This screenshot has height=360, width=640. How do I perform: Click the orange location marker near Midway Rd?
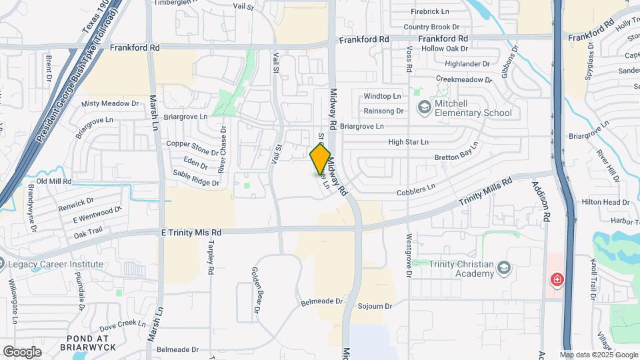pos(321,159)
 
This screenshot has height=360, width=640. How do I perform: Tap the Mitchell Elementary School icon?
pos(424,107)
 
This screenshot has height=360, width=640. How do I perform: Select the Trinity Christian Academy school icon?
pos(505,269)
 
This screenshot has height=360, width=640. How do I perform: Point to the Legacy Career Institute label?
pos(56,264)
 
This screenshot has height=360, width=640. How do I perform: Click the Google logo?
pos(22,351)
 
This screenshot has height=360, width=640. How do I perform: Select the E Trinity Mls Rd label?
pos(192,232)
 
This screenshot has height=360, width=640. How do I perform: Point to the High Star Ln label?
pos(408,142)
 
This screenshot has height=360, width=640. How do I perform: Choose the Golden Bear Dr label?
pos(256,291)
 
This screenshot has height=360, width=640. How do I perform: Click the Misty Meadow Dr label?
pos(109,104)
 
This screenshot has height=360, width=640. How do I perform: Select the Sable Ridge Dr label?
pos(196,178)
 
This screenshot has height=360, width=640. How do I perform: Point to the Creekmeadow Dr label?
pos(463,79)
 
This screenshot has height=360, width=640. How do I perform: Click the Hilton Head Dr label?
pos(605,202)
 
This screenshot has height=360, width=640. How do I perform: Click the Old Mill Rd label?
pos(53,181)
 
